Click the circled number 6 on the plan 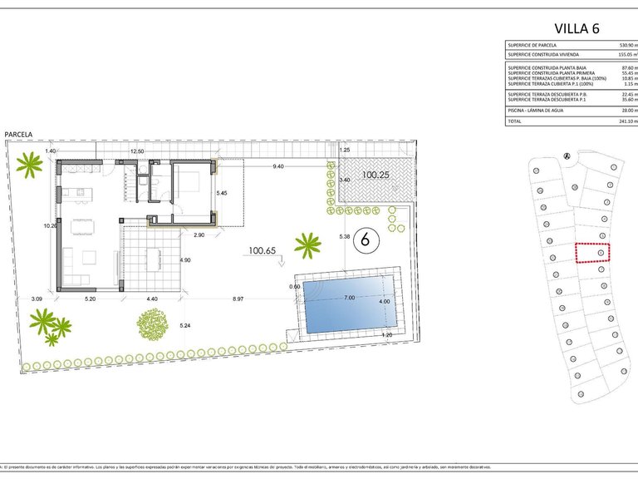(x=363, y=240)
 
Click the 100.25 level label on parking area (x=375, y=175)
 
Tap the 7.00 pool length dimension (x=350, y=297)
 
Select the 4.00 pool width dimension (x=385, y=301)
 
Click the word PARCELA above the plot (x=18, y=133)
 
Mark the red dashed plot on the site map (x=591, y=252)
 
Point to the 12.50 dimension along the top (x=137, y=151)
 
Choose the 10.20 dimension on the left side (x=50, y=225)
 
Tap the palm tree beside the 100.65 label (x=307, y=244)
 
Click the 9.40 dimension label (x=278, y=166)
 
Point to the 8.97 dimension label (x=238, y=298)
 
